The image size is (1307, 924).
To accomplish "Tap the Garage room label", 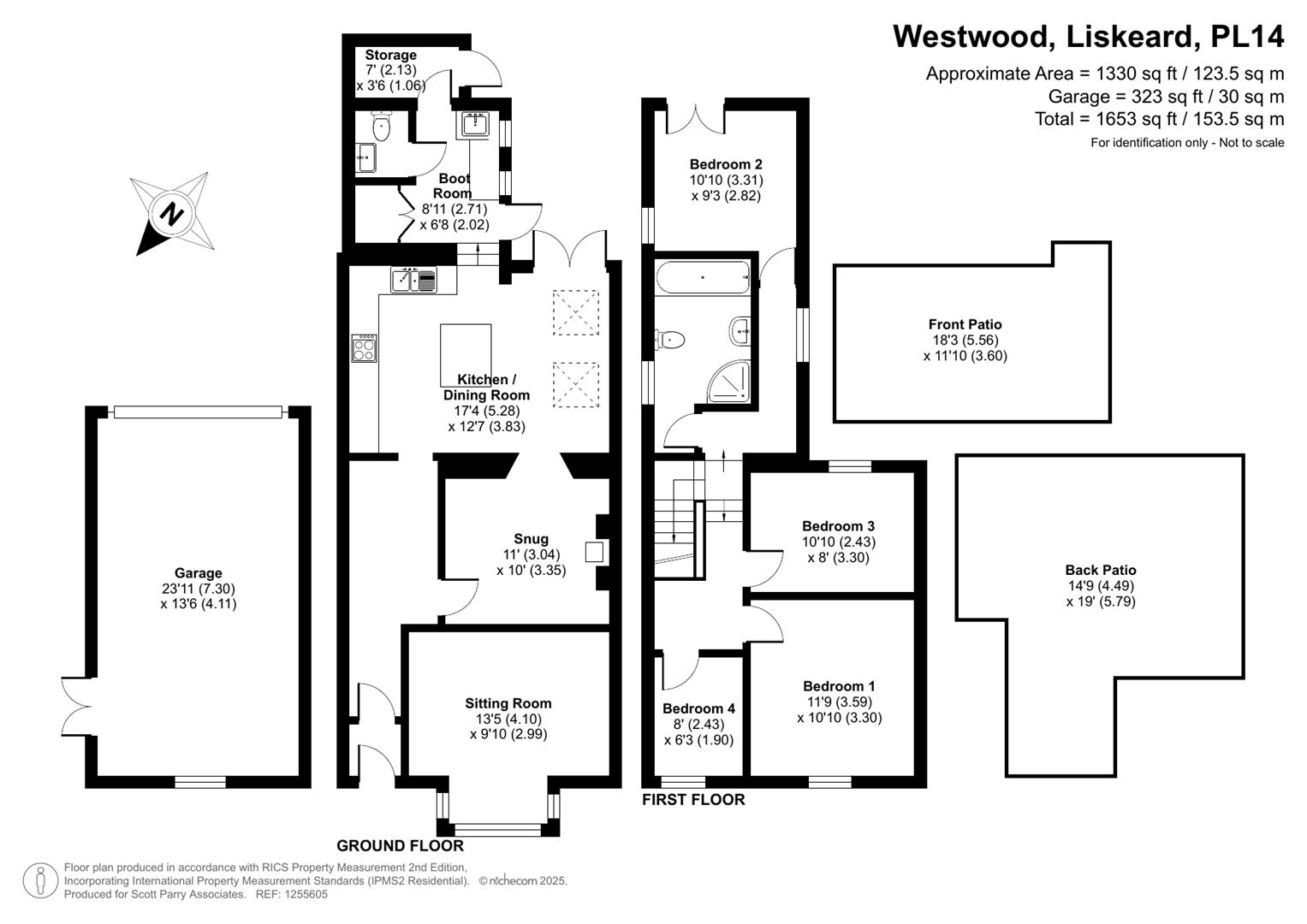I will [198, 573].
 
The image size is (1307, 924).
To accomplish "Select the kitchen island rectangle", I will [466, 354].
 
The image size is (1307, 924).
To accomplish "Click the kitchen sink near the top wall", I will [413, 280].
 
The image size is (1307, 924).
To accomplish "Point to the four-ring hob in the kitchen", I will [364, 347].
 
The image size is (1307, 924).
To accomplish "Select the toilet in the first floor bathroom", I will [670, 340].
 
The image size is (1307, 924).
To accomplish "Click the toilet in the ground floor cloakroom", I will [381, 127].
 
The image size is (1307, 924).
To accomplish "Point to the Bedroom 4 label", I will [698, 708].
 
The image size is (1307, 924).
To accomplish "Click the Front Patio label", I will [965, 324].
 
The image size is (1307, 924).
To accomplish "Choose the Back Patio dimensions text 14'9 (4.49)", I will [1100, 586].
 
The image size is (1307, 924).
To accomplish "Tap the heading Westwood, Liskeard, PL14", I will [1088, 37].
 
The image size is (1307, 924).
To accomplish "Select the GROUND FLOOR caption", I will [400, 846].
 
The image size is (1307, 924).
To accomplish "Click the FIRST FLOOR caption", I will [693, 800].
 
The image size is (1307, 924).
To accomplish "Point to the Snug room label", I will [531, 539].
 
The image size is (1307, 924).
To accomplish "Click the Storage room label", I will [390, 55].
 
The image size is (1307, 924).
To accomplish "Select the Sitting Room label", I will [508, 703].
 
